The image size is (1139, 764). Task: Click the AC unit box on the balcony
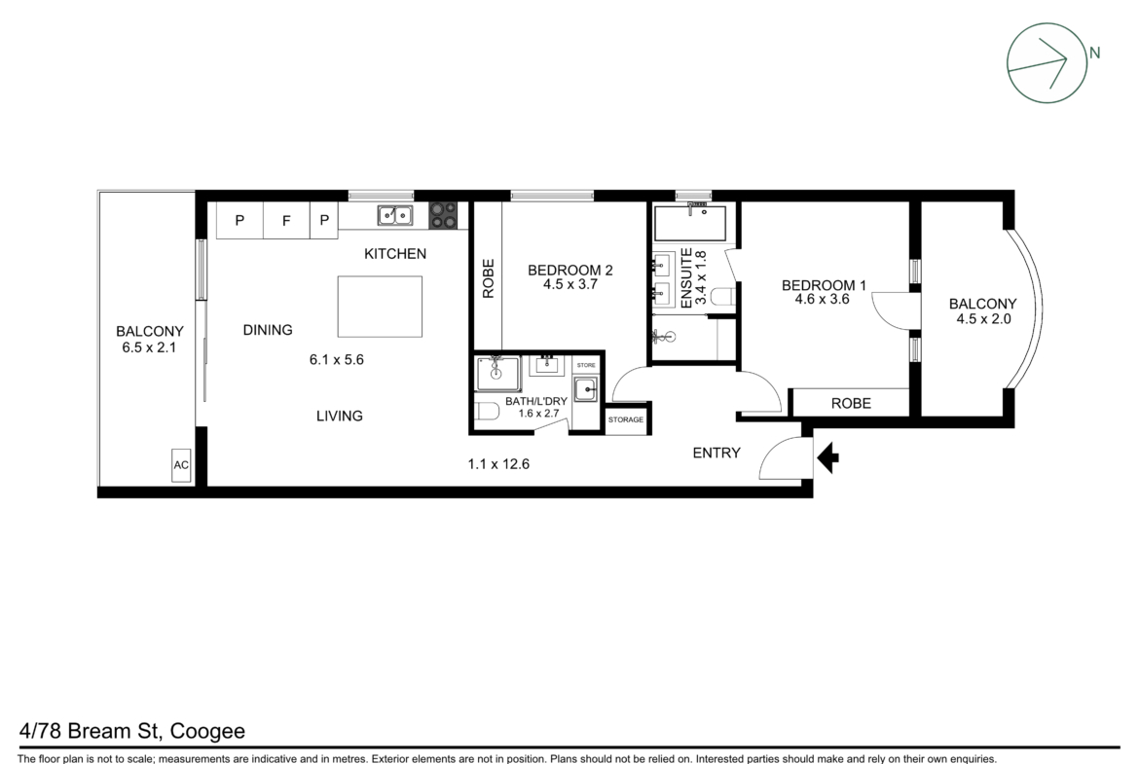point(181,465)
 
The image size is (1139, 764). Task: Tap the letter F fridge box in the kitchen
point(286,220)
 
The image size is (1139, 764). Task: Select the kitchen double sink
point(395,216)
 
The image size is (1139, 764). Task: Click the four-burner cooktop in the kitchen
point(443,215)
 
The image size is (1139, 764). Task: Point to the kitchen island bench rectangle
point(380,307)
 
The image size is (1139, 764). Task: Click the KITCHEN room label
point(395,253)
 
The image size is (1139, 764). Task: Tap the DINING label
point(268,330)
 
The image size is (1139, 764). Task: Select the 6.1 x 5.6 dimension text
point(336,359)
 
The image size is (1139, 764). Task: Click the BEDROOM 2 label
point(570,271)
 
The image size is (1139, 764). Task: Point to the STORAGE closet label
point(626,419)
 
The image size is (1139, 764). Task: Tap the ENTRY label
point(716,454)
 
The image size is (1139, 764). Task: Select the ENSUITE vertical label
point(686,278)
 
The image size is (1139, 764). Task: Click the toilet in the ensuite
point(722,296)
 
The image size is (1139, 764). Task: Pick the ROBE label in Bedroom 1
point(852,404)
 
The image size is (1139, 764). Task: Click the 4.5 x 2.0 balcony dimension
point(983,319)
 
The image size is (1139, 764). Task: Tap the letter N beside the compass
point(1094,53)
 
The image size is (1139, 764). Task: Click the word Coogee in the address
point(207,731)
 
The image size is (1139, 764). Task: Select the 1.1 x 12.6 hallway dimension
point(498,464)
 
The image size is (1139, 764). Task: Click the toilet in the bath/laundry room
point(488,413)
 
